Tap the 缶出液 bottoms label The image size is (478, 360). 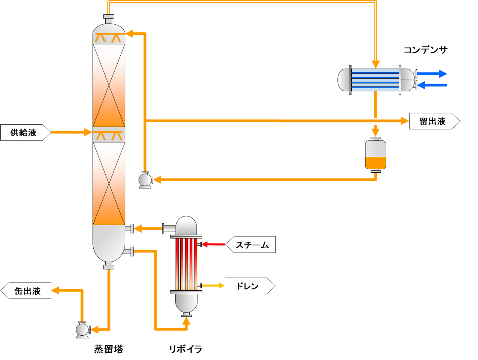[x=27, y=291]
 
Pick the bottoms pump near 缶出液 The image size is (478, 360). [x=82, y=330]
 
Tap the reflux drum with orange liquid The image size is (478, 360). [x=375, y=155]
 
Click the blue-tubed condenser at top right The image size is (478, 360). [x=376, y=80]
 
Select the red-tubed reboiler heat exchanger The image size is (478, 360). [x=186, y=264]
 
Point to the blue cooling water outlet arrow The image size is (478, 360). [x=432, y=74]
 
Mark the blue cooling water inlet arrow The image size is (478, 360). [x=432, y=85]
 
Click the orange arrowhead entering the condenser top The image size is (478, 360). [x=376, y=64]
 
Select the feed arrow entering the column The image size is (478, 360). [x=72, y=132]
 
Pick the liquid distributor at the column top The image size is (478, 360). [x=109, y=38]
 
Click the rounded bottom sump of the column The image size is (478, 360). [x=109, y=243]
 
